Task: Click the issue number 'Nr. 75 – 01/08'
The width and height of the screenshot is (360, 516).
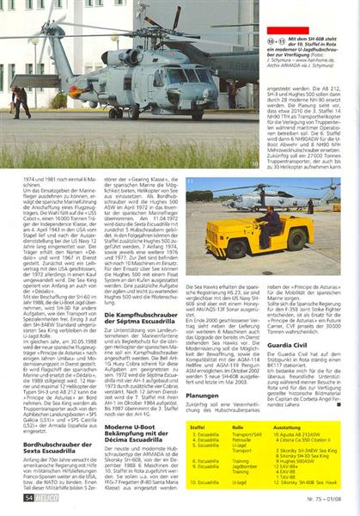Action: (330, 498)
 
